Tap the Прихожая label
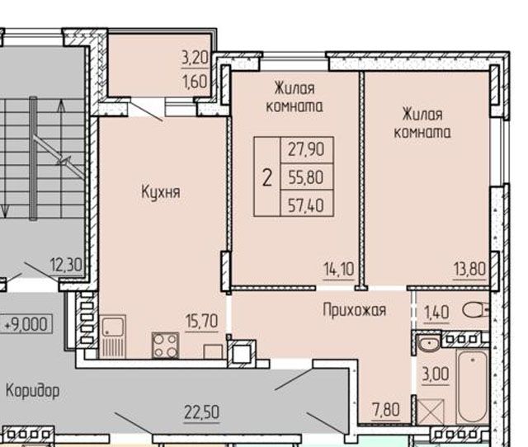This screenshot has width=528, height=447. [354, 310]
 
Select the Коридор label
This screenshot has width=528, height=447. [32, 390]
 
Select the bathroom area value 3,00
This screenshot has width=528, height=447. [436, 373]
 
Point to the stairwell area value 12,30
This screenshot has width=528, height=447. [65, 266]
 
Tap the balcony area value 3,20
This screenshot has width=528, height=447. [196, 59]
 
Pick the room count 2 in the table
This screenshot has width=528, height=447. [266, 176]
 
